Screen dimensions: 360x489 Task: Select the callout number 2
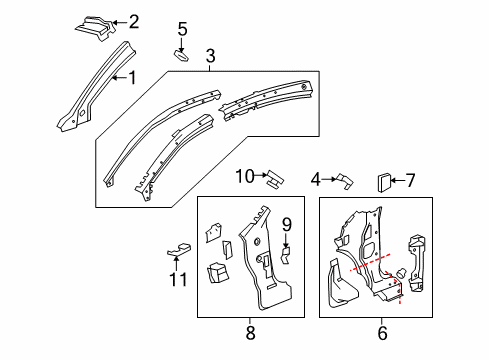click(134, 20)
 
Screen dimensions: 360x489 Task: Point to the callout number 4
click(317, 179)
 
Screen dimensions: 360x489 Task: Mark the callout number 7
click(407, 180)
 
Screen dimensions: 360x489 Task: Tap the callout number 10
click(245, 176)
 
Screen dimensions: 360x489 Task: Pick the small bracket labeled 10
click(271, 178)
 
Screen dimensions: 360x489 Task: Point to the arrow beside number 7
click(395, 180)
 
